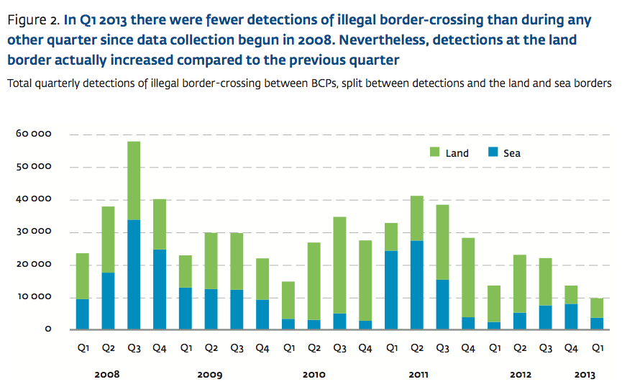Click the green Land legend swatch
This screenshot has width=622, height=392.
pos(435,152)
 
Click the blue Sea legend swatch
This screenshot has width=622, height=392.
pos(493,152)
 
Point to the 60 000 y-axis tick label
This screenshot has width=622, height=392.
pos(31,135)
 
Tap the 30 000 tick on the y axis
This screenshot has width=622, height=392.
pos(31,232)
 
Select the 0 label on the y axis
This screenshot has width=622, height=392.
pos(47,329)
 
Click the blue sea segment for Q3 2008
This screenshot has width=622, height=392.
pos(134,275)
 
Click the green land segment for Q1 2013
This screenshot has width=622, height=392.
pos(597,308)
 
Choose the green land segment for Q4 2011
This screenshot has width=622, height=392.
pos(468,277)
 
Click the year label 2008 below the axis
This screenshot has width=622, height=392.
pos(108,375)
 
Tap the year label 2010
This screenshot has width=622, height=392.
pos(314,375)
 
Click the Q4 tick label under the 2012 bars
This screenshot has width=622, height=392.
pos(571,349)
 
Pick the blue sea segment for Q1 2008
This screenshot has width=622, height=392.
pos(83,314)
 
